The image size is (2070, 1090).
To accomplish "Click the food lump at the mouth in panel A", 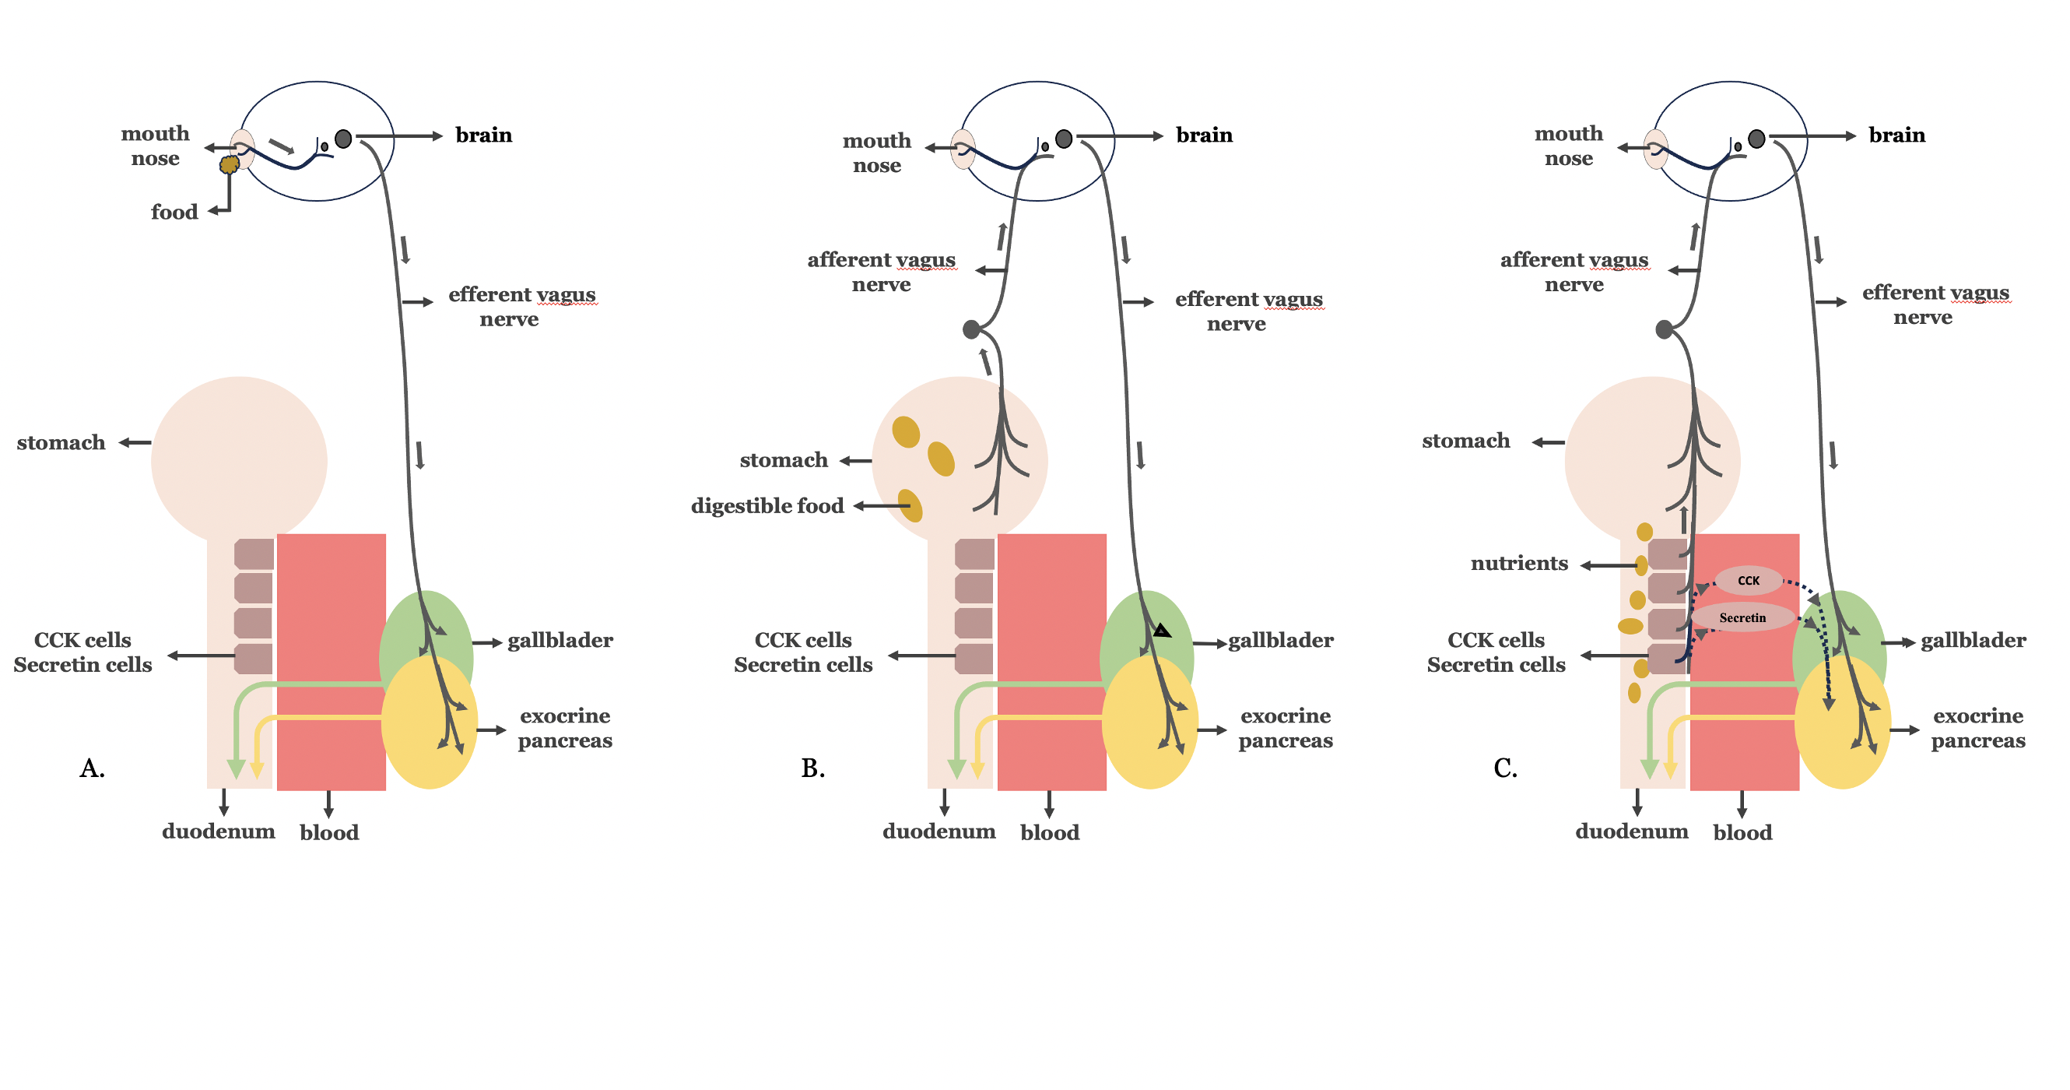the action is click(x=229, y=165).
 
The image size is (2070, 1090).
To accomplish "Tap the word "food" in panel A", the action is click(x=174, y=213).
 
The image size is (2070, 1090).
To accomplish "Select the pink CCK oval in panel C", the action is click(x=1749, y=580).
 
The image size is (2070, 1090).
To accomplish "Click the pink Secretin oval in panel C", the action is click(x=1742, y=617).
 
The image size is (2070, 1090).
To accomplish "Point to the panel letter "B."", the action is click(x=812, y=768).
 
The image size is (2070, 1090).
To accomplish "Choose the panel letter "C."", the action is click(x=1505, y=768).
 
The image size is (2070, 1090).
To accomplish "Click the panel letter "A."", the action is click(x=93, y=768).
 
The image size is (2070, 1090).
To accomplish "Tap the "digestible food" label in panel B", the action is click(x=767, y=505).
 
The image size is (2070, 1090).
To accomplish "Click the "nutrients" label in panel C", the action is click(x=1519, y=564).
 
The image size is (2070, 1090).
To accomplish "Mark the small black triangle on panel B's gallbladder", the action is click(x=1162, y=630).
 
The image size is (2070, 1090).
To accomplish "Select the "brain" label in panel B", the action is click(x=1204, y=135).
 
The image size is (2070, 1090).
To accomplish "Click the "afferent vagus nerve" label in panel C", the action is click(x=1574, y=272).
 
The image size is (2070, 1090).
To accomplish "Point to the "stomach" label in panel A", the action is click(x=61, y=443).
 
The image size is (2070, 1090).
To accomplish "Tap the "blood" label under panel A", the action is click(x=329, y=833).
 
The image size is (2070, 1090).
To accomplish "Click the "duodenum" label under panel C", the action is click(x=1631, y=832).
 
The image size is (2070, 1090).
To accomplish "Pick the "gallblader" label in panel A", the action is click(x=560, y=641).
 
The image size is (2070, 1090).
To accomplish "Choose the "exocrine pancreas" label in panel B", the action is click(x=1285, y=728).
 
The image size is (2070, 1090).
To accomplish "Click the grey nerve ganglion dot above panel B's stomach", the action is click(x=971, y=329).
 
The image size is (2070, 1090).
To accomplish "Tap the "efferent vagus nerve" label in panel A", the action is click(x=522, y=306).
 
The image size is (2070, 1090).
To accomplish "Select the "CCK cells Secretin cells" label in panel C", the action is click(x=1496, y=652).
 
